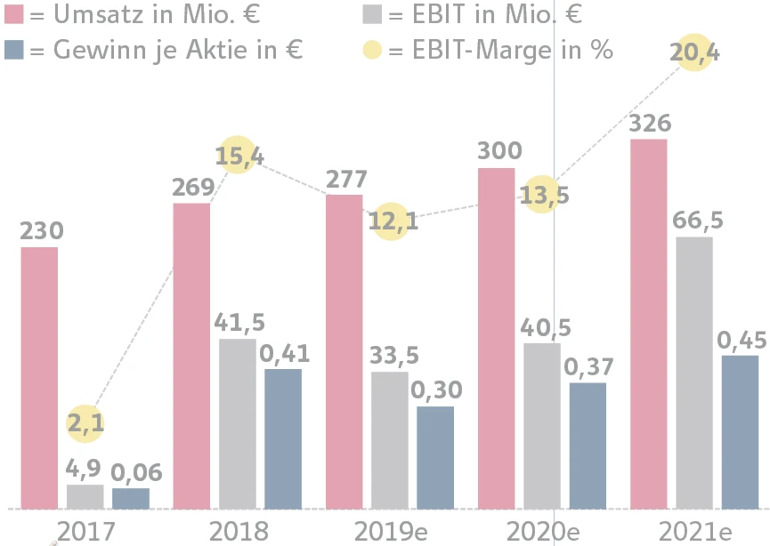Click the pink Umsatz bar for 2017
pos(39,378)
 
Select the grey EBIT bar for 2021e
pos(694,373)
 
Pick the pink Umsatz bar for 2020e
pos(497,338)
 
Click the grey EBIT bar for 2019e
pos(390,440)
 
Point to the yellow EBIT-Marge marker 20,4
pos(695,53)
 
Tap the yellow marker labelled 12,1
pos(393,220)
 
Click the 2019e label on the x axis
pos(390,531)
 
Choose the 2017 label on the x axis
pos(85,531)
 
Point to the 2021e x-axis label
pos(695,531)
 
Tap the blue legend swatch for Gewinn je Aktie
pos(14,50)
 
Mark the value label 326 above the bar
pos(649,124)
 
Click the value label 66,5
pos(694,221)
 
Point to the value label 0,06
pos(131,472)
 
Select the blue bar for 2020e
pos(588,446)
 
